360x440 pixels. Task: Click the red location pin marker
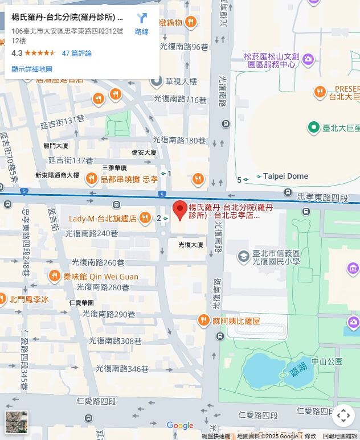click(180, 210)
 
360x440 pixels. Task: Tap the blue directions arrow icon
click(142, 19)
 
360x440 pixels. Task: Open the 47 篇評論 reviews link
click(76, 53)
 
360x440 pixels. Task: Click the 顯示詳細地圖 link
click(32, 69)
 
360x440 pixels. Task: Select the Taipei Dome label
click(285, 176)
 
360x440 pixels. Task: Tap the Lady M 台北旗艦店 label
click(103, 219)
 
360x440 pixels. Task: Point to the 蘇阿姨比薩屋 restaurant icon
click(203, 321)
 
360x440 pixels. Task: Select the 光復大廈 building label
click(191, 245)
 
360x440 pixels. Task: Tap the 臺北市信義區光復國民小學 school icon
click(243, 257)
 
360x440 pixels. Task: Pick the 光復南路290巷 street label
click(108, 314)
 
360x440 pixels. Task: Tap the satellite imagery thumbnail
click(17, 422)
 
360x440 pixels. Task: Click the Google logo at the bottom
click(180, 425)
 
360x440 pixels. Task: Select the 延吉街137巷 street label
click(71, 161)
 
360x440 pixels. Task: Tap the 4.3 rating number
click(17, 53)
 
